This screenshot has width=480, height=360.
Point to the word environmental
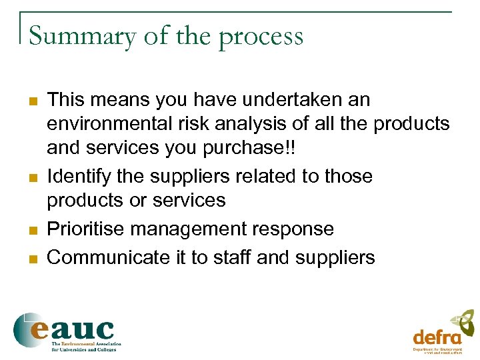pyautogui.click(x=110, y=124)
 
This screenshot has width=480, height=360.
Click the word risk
pyautogui.click(x=197, y=124)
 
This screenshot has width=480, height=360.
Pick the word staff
pyautogui.click(x=232, y=257)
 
